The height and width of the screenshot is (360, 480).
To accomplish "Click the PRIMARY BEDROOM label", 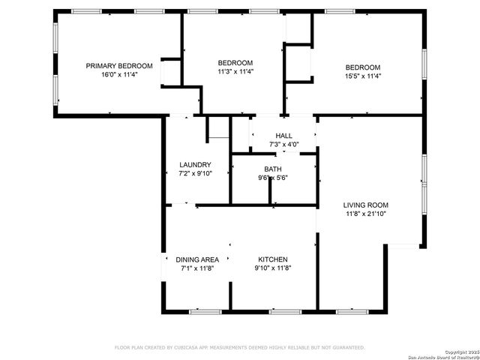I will click(119, 66).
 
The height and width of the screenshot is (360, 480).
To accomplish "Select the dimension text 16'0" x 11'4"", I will click(119, 75).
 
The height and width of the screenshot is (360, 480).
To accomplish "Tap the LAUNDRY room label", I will click(195, 165).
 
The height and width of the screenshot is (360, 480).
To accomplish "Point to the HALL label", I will click(284, 136).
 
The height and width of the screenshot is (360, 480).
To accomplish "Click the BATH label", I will click(273, 169).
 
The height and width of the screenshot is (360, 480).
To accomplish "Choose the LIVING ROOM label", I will click(366, 205).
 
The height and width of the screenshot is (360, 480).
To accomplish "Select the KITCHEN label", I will click(273, 259).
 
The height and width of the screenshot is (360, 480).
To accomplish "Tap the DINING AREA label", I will click(198, 259).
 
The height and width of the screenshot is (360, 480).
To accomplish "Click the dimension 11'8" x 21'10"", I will click(366, 214).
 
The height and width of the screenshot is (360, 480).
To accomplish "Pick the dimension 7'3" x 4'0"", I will click(284, 144).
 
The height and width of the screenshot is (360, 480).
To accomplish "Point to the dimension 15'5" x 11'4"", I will click(363, 75).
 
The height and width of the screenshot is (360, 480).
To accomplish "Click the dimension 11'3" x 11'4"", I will click(235, 72).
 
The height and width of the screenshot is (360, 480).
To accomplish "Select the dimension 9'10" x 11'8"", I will click(273, 268).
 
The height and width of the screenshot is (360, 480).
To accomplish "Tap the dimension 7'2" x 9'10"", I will click(195, 173).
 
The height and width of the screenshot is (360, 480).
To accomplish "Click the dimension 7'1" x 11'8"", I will click(198, 268).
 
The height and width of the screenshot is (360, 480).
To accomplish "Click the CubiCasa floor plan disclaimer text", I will click(239, 347).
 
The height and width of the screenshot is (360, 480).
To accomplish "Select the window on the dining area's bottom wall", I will click(205, 311).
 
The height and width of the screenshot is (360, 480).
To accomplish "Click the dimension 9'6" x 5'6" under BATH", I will click(273, 178).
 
